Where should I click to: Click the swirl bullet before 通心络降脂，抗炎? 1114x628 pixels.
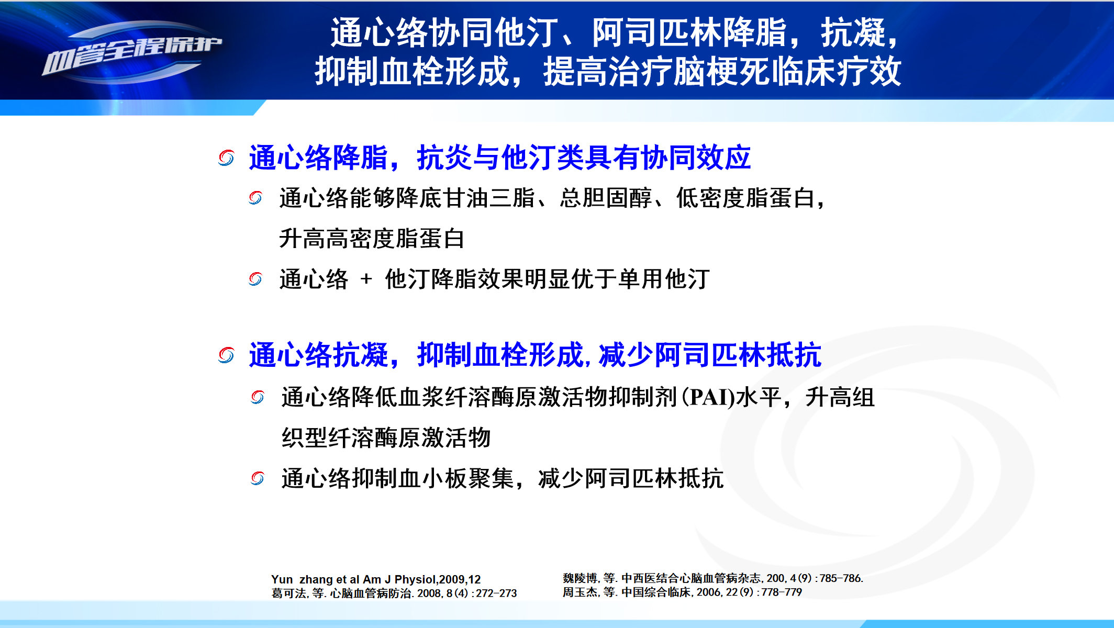(226, 158)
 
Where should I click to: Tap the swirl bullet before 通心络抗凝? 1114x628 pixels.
(226, 355)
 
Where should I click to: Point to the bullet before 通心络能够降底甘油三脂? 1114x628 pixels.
(255, 198)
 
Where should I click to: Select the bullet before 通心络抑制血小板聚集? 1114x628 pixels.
(258, 478)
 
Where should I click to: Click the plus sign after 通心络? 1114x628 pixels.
(366, 279)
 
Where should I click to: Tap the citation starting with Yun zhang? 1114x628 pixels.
(376, 579)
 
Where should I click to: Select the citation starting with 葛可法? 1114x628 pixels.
(394, 593)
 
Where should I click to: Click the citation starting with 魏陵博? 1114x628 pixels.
(712, 578)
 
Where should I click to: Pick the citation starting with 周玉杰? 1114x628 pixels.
(682, 592)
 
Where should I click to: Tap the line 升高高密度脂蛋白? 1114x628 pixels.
(372, 239)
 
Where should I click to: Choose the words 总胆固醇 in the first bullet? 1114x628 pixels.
(606, 198)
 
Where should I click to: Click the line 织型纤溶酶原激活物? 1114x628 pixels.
(386, 438)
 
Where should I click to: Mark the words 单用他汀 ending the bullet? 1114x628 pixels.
(664, 279)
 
